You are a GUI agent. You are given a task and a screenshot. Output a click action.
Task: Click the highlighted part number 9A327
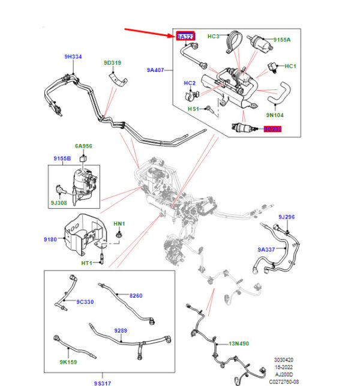pyautogui.click(x=185, y=37)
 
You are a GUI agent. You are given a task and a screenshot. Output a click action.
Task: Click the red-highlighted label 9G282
pyautogui.click(x=272, y=129)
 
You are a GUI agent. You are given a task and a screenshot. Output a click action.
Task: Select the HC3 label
pyautogui.click(x=214, y=37)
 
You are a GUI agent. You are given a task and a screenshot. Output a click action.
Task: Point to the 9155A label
pyautogui.click(x=282, y=40)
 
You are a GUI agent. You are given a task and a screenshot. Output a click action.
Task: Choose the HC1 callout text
pyautogui.click(x=290, y=66)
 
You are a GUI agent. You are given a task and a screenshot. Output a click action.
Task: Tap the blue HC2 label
pyautogui.click(x=190, y=83)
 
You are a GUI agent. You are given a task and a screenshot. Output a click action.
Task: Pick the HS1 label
pyautogui.click(x=193, y=109)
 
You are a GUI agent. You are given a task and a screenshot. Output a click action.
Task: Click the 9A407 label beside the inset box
pyautogui.click(x=156, y=70)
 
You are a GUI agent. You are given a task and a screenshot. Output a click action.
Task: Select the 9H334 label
pyautogui.click(x=73, y=58)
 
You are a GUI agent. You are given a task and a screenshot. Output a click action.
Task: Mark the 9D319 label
pyautogui.click(x=112, y=62)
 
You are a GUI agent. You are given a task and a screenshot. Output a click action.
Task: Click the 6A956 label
pyautogui.click(x=83, y=146)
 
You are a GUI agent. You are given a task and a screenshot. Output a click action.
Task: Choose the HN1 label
pyautogui.click(x=119, y=224)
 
